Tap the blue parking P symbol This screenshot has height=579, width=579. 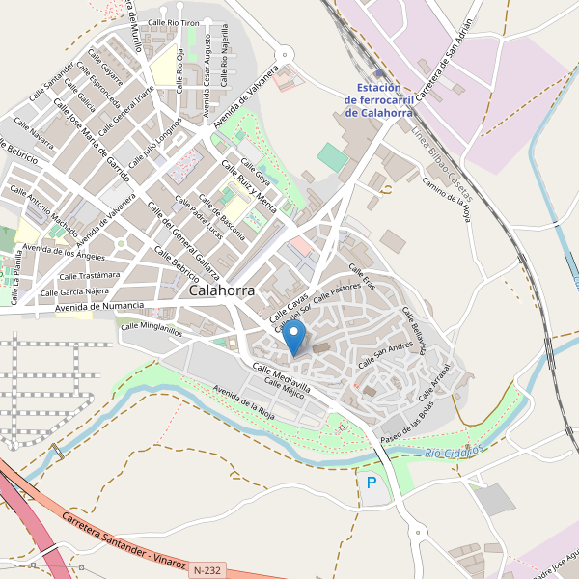coord(372,482)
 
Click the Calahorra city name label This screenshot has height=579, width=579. coord(222,289)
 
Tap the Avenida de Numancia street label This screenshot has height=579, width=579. coord(99,307)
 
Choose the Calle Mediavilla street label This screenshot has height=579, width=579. coord(281,377)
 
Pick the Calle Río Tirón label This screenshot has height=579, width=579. coord(174,21)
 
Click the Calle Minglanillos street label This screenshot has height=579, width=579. coord(151,328)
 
